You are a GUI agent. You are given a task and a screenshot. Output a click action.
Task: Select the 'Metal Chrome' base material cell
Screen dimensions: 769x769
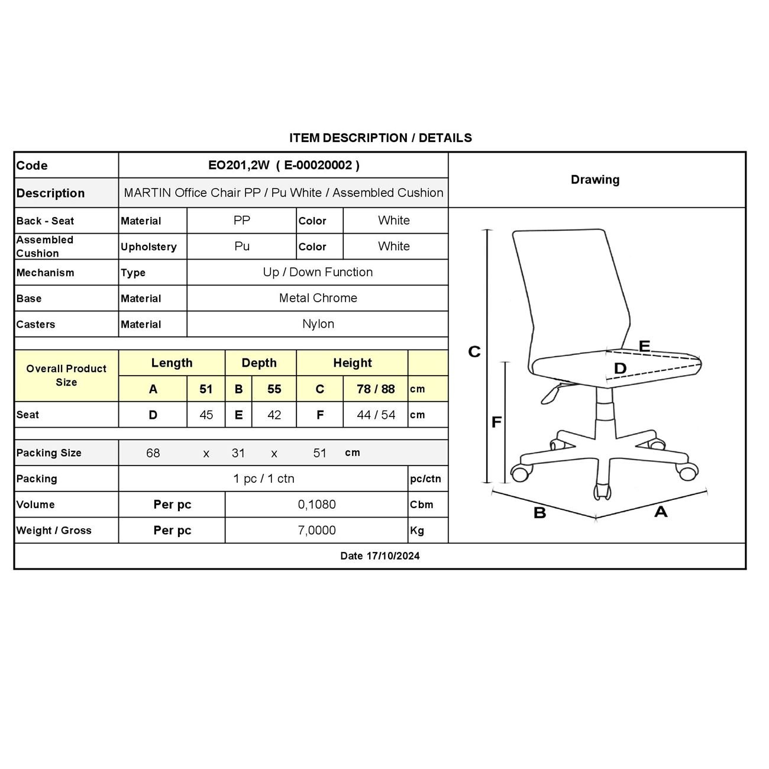pos(318,298)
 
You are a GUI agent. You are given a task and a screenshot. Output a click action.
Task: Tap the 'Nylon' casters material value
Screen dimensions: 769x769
pos(318,324)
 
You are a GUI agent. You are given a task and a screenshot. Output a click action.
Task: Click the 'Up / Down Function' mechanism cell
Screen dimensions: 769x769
pos(318,272)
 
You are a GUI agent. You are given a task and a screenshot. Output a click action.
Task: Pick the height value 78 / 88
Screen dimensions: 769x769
pos(376,389)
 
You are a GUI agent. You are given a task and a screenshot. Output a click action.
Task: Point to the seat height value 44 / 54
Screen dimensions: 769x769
pos(376,415)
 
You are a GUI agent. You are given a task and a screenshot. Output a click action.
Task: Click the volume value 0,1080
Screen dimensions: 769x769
pos(316,505)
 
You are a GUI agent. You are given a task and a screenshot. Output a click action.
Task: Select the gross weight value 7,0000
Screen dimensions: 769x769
pos(316,531)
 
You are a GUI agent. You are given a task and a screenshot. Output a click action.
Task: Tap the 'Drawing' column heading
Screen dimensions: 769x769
pos(595,180)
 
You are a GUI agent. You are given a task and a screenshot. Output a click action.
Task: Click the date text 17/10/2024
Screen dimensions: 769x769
pos(393,556)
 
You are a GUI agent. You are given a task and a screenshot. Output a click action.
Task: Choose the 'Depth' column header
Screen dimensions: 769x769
pos(259,363)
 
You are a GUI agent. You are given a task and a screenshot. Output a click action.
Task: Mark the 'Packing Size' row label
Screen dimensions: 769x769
pos(49,453)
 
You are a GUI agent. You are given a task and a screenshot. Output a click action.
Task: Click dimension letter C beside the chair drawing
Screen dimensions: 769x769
pos(474,352)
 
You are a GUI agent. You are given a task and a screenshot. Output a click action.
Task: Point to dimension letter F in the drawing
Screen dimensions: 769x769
pos(496,422)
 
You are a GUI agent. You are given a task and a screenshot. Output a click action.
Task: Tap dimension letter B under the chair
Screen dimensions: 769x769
pos(539,513)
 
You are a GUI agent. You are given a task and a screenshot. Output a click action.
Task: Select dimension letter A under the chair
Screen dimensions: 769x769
pos(661,512)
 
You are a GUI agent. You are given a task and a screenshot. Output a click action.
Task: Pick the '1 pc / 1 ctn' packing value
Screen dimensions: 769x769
pos(263,479)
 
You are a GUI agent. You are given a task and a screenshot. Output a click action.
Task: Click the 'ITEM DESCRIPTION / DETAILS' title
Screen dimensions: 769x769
pos(380,138)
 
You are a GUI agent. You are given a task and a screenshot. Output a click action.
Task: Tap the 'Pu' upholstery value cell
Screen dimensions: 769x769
pos(242,247)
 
